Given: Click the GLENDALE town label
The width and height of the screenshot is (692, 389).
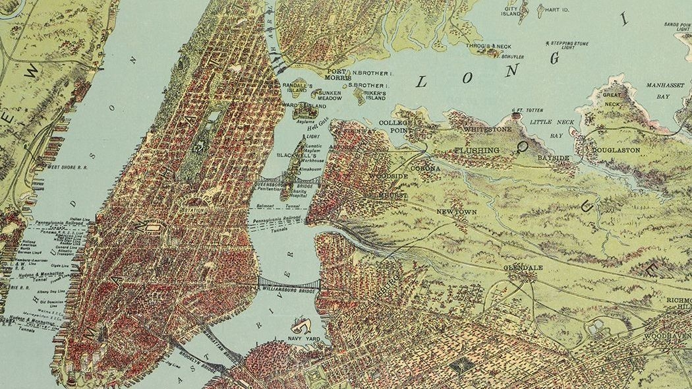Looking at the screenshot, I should coord(523,268).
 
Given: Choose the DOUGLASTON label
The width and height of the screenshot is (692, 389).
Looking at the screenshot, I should coord(616,150).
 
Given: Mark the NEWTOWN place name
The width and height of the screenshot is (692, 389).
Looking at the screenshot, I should coord(456,212).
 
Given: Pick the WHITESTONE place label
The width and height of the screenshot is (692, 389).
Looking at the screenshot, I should coord(487,130).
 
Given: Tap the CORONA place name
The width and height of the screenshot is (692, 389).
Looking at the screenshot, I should coord(425,169).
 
